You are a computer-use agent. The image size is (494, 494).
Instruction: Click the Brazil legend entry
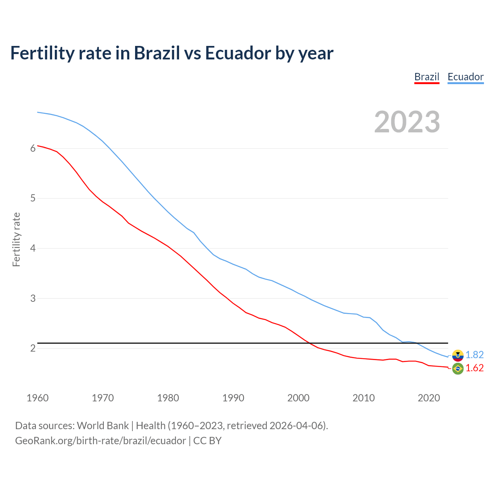tap(426, 77)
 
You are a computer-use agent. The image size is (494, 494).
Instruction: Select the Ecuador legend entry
tap(465, 77)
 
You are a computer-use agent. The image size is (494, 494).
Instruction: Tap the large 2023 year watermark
tap(407, 122)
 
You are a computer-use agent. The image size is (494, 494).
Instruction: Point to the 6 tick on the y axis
tap(33, 148)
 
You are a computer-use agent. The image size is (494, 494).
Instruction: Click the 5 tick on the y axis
tap(33, 198)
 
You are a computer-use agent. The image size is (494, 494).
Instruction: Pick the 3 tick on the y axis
tap(33, 298)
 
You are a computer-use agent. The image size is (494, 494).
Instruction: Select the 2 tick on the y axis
tap(33, 348)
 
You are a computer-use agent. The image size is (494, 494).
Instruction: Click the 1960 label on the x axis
tap(37, 398)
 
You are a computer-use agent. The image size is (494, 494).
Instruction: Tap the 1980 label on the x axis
tap(168, 398)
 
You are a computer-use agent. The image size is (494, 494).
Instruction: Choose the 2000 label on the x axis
tap(298, 398)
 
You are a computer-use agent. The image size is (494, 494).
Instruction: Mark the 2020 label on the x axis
tap(429, 398)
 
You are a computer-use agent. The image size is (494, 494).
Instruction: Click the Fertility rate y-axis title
tap(16, 239)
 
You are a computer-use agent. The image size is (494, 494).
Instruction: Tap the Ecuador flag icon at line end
tap(458, 355)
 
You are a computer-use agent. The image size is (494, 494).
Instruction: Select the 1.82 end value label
tap(474, 355)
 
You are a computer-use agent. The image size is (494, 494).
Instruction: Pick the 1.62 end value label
tap(474, 368)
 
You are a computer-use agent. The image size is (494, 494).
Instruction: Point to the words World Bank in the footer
tap(103, 426)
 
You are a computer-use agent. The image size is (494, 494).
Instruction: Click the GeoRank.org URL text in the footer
tap(100, 441)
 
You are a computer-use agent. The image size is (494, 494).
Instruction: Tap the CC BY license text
tap(207, 441)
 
